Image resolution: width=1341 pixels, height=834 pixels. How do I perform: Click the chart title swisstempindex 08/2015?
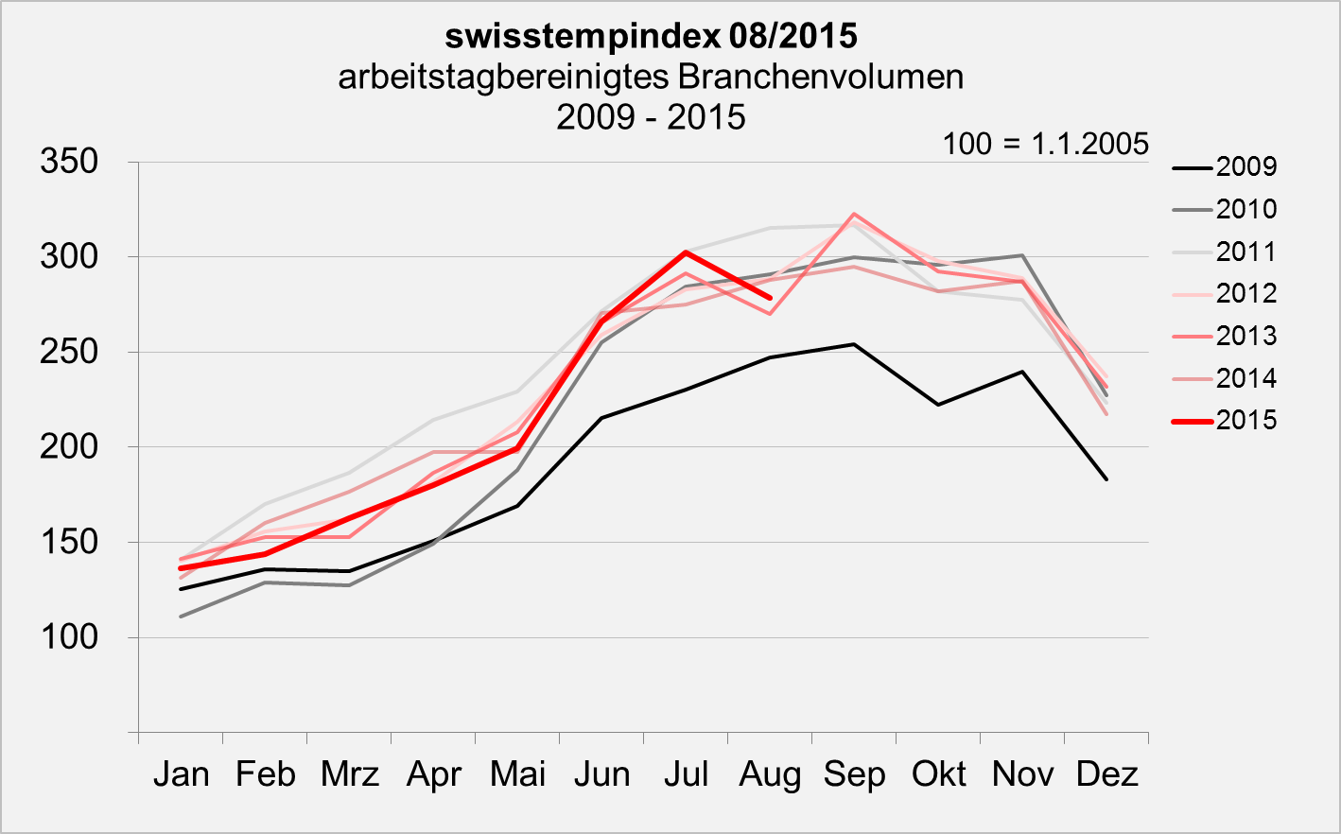[651, 36]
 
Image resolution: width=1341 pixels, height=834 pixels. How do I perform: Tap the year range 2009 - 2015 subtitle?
[651, 117]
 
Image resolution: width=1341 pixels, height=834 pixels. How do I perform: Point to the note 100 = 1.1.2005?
[1045, 144]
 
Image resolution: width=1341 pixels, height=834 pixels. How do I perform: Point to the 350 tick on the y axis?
[69, 162]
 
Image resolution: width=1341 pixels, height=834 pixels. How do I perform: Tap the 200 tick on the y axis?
[69, 446]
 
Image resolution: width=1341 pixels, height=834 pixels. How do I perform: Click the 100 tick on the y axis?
[69, 636]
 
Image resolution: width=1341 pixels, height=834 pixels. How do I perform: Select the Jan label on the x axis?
[181, 774]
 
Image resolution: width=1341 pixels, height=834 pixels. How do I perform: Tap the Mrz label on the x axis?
[349, 774]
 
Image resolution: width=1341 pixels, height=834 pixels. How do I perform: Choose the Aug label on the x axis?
[770, 774]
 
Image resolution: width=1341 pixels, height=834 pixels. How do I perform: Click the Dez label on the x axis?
[1106, 774]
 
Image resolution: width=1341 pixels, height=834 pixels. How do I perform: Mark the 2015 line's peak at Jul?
[686, 252]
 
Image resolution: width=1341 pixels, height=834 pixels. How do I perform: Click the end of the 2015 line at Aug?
[770, 297]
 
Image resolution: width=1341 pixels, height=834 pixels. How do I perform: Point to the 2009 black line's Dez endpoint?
[1106, 479]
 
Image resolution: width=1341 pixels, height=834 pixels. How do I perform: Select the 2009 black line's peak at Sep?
[854, 344]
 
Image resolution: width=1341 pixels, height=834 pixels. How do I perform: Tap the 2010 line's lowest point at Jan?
[181, 617]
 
